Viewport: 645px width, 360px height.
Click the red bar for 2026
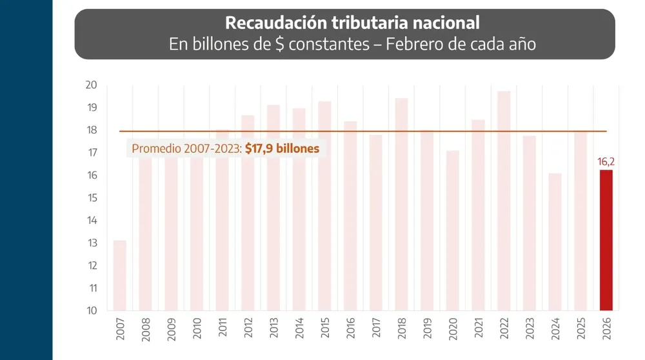pyautogui.click(x=606, y=240)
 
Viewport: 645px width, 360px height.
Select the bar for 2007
pyautogui.click(x=120, y=275)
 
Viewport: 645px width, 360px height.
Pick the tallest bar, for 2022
pyautogui.click(x=504, y=201)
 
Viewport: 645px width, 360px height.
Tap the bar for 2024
pyautogui.click(x=555, y=242)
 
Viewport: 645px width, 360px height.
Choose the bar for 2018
pyautogui.click(x=401, y=204)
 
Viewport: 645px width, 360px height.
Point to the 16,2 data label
pyautogui.click(x=606, y=162)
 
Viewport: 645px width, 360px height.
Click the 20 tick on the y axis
pyautogui.click(x=91, y=85)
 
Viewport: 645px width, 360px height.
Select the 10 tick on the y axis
pyautogui.click(x=91, y=310)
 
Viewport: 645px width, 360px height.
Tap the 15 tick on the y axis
pyautogui.click(x=91, y=198)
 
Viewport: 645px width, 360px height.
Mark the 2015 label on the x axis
pyautogui.click(x=325, y=328)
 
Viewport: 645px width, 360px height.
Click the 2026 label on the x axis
pyautogui.click(x=606, y=328)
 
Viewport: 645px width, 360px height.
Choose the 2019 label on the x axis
pyautogui.click(x=427, y=328)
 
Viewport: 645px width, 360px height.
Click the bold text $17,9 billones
pyautogui.click(x=282, y=148)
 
